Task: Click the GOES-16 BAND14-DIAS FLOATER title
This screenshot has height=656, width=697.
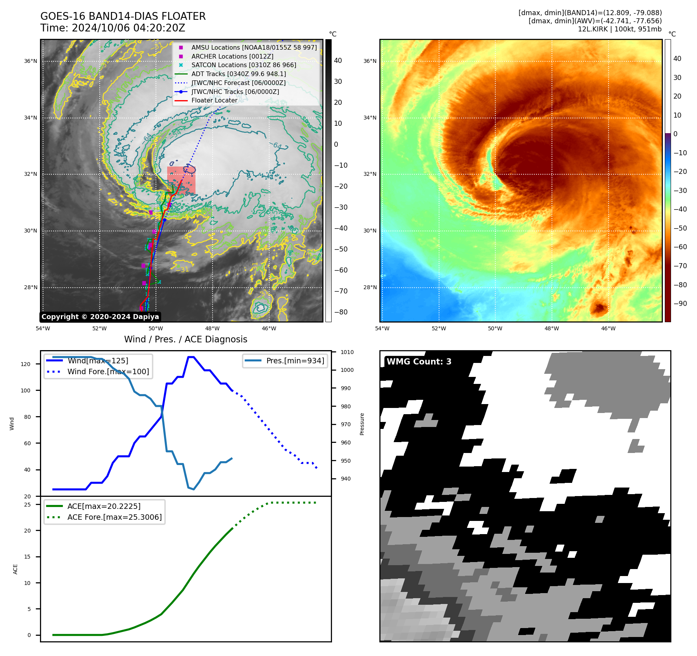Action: coord(123,16)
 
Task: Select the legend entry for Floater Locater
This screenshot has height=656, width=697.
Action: coord(214,100)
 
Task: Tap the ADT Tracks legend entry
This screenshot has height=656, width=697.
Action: coord(239,74)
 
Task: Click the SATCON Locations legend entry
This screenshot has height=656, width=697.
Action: coord(244,65)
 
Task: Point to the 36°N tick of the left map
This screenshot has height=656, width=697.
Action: coord(31,61)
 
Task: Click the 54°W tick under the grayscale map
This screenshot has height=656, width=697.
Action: coord(43,328)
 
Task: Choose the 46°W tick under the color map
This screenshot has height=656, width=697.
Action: coord(608,328)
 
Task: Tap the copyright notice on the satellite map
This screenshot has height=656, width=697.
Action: coord(100,317)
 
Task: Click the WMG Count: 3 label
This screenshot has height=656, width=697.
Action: coord(419,362)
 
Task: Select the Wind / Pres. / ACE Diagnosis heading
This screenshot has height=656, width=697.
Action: coord(185,339)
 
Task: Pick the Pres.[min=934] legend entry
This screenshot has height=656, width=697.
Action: coord(295,361)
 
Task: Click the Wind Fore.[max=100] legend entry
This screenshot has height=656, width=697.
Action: coord(108,371)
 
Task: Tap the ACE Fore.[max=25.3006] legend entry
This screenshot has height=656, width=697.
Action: coord(114,517)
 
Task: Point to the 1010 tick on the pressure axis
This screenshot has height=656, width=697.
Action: coord(347,352)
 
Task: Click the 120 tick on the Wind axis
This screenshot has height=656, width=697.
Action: coord(26,364)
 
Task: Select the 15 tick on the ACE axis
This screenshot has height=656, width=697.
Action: coord(27,557)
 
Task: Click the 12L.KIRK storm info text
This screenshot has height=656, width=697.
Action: coord(619,29)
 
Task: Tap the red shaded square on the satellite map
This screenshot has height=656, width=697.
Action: coord(181,180)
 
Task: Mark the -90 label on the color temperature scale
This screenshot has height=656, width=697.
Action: coord(680,304)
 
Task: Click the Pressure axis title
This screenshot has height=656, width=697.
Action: coord(362,424)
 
